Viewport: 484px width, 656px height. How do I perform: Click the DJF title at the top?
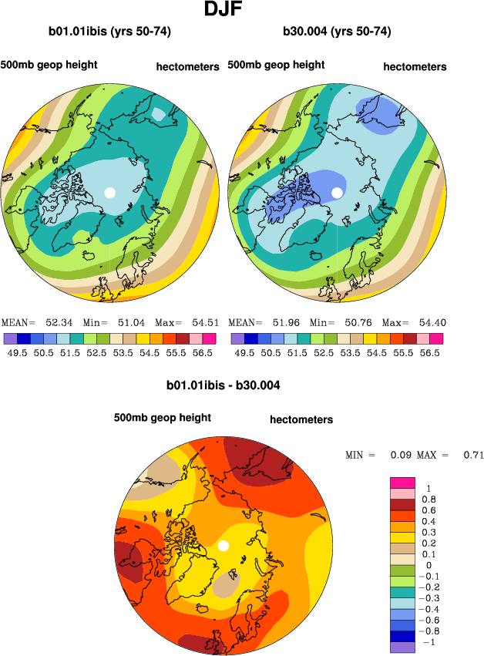point(224,10)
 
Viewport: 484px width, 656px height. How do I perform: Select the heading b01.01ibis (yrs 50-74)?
point(109,32)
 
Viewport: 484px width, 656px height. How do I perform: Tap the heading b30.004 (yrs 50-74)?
point(337,32)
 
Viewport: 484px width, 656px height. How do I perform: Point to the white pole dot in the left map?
point(109,192)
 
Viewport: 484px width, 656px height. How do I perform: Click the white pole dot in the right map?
point(337,192)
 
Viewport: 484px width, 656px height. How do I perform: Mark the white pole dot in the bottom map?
point(224,546)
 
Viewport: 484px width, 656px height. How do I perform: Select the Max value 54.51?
point(200,322)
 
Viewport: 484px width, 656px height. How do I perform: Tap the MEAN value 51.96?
point(282,322)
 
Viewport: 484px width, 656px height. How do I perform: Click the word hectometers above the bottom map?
point(301,420)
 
